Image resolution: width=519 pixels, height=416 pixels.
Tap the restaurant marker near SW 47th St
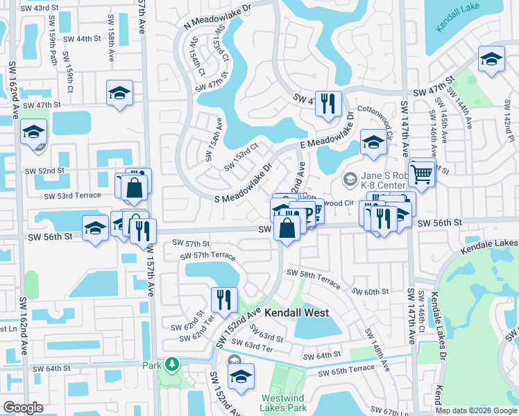pyautogui.click(x=327, y=104)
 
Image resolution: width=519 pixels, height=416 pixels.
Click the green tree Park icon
pyautogui.click(x=171, y=364)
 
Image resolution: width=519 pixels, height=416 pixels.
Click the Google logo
pyautogui.click(x=23, y=408)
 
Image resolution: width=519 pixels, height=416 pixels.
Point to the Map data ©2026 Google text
pyautogui.click(x=475, y=410)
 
